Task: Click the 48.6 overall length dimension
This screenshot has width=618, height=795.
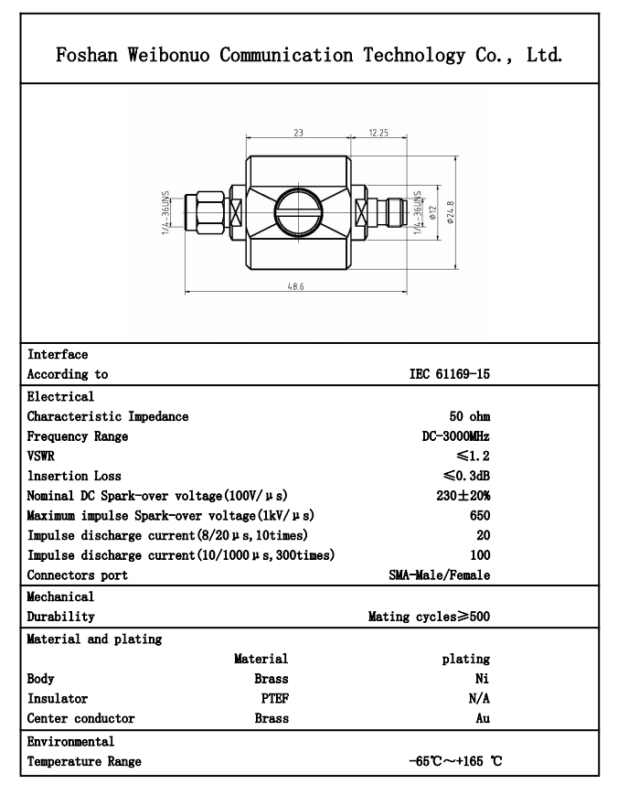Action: [295, 287]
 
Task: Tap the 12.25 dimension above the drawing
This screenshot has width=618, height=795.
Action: [378, 134]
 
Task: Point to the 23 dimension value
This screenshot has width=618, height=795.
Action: [298, 134]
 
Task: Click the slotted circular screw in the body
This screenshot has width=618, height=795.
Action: [298, 216]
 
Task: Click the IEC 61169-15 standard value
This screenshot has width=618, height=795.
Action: [449, 374]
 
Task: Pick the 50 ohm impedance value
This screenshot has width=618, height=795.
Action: [469, 416]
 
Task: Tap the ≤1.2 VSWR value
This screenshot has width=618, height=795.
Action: [473, 456]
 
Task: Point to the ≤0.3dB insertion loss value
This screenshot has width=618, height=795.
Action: [464, 476]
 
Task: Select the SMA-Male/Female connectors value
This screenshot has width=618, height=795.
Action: [439, 575]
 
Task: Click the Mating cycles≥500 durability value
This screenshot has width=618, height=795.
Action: [429, 617]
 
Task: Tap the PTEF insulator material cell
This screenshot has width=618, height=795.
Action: [274, 698]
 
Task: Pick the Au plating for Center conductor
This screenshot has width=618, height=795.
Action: [482, 718]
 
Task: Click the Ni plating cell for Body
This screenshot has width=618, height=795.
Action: [483, 679]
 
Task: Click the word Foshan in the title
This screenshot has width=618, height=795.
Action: [84, 55]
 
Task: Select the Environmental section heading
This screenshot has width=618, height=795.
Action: [70, 741]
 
